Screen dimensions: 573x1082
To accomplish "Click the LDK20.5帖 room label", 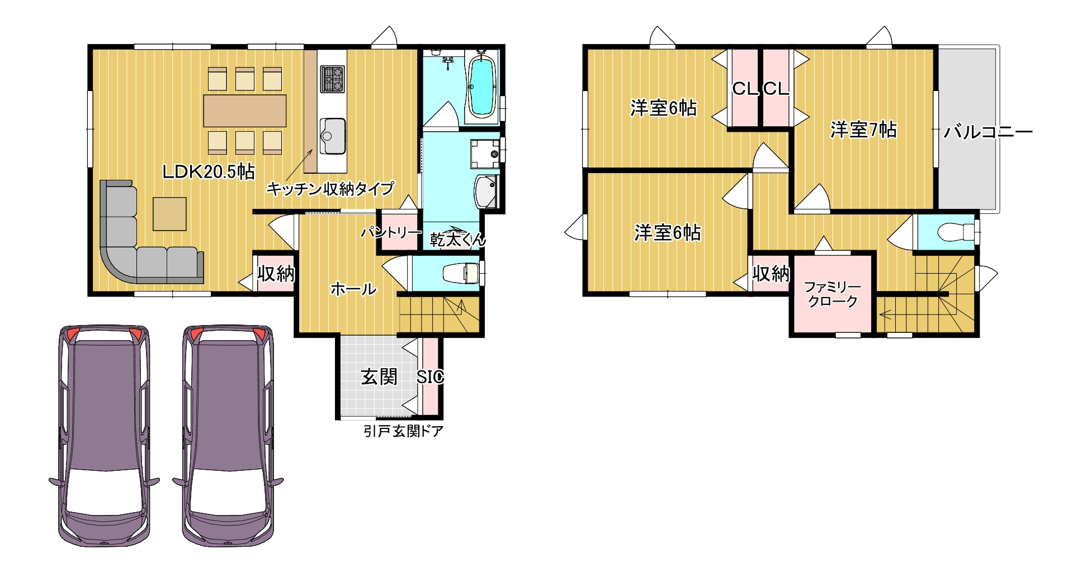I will [208, 171].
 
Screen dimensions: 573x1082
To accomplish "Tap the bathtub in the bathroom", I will [481, 87].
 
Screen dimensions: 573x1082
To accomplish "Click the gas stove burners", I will [332, 79].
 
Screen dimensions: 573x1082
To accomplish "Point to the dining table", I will [244, 111].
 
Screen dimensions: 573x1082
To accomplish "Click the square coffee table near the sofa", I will [169, 214].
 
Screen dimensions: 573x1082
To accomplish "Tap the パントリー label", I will [391, 232].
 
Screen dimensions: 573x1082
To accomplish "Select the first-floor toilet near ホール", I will [462, 273].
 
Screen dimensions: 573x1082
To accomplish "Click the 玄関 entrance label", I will [379, 377].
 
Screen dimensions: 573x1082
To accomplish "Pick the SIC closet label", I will [430, 377].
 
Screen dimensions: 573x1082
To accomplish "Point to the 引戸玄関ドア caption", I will [403, 431].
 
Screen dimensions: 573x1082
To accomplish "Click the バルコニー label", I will [987, 132].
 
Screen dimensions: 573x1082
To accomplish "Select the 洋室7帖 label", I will [863, 130].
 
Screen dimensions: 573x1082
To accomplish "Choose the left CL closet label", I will [744, 88].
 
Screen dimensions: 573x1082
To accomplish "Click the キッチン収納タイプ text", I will [330, 189].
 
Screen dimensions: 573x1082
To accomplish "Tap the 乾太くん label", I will [457, 240].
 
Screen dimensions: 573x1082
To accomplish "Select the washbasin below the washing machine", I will [485, 192].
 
